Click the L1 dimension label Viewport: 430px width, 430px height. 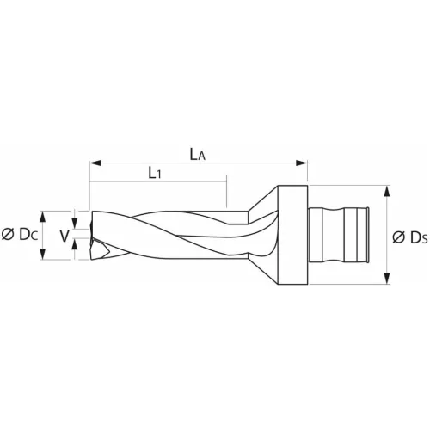[x=156, y=173]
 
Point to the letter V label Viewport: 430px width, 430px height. [x=63, y=235]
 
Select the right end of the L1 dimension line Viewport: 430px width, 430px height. [x=226, y=181]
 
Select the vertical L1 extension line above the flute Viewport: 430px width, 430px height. [x=226, y=193]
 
